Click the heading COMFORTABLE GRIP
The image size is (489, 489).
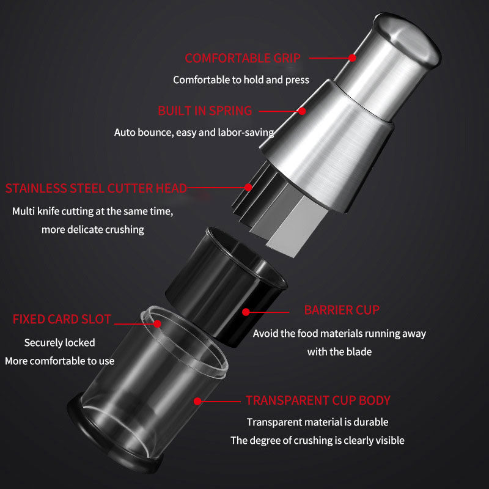click(243, 58)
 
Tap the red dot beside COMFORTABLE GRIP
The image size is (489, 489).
click(353, 58)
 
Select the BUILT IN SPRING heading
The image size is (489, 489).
click(205, 111)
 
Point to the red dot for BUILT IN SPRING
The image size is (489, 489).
click(302, 111)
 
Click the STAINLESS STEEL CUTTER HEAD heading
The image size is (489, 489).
click(96, 188)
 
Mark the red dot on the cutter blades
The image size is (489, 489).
click(248, 187)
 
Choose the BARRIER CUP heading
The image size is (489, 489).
click(342, 310)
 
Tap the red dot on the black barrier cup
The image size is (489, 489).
click(246, 312)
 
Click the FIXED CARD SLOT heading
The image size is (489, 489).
click(62, 319)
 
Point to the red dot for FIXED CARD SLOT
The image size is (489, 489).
click(158, 324)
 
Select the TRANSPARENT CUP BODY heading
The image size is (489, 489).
click(318, 400)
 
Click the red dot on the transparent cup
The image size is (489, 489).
click(197, 401)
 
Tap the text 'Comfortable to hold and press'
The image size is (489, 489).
click(241, 80)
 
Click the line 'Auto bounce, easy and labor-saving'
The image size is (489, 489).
click(194, 133)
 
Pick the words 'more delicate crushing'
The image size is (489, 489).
click(93, 230)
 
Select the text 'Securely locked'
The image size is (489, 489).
click(59, 343)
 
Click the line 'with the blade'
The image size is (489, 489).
click(339, 352)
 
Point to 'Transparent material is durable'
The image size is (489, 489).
click(317, 422)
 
